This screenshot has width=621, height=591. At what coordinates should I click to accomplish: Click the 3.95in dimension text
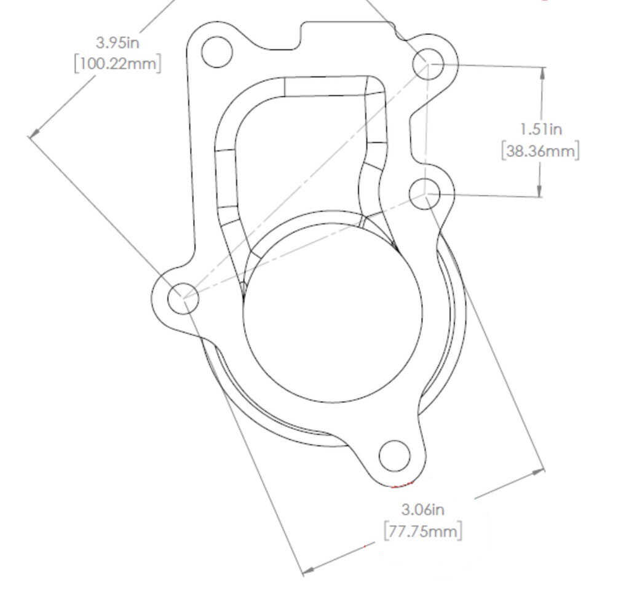117,42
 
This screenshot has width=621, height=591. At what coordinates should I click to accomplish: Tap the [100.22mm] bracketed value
117,63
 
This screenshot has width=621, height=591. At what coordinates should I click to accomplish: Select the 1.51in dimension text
540,129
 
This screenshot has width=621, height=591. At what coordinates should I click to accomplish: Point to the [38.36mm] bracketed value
540,151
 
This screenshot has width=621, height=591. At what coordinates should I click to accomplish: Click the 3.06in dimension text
423,509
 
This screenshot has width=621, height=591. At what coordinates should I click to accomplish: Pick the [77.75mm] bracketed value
423,531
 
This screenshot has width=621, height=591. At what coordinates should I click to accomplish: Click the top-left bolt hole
216,52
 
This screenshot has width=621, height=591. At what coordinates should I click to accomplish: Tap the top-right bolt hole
428,63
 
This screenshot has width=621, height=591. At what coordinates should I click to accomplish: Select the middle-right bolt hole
424,194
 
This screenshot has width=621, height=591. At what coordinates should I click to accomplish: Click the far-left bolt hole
183,298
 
